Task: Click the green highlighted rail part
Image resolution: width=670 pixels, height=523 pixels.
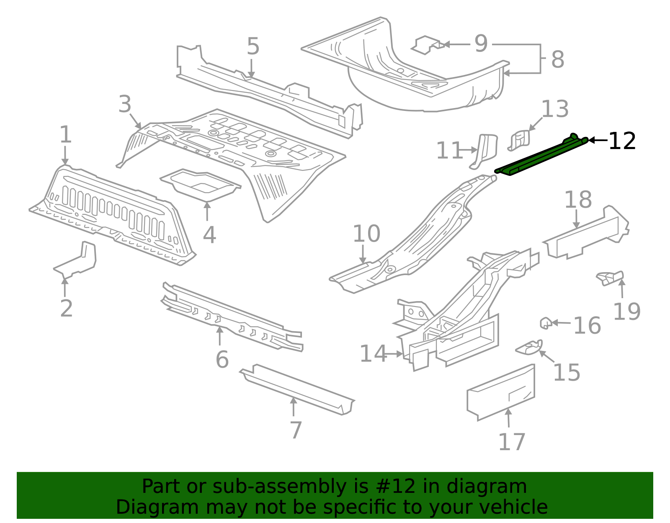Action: [x=540, y=155]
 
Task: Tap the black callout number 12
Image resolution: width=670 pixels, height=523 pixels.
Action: [x=622, y=141]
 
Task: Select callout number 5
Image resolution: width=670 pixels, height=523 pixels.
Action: [x=253, y=46]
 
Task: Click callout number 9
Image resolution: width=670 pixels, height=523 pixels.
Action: [x=481, y=44]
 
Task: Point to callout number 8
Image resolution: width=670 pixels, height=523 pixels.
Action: [x=557, y=59]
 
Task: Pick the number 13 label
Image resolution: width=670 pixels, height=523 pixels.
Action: [x=555, y=109]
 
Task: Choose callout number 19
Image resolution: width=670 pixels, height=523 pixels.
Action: [x=626, y=312]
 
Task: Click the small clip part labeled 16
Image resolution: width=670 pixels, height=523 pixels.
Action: [x=545, y=323]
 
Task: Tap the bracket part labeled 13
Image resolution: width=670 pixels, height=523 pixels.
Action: [x=519, y=140]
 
